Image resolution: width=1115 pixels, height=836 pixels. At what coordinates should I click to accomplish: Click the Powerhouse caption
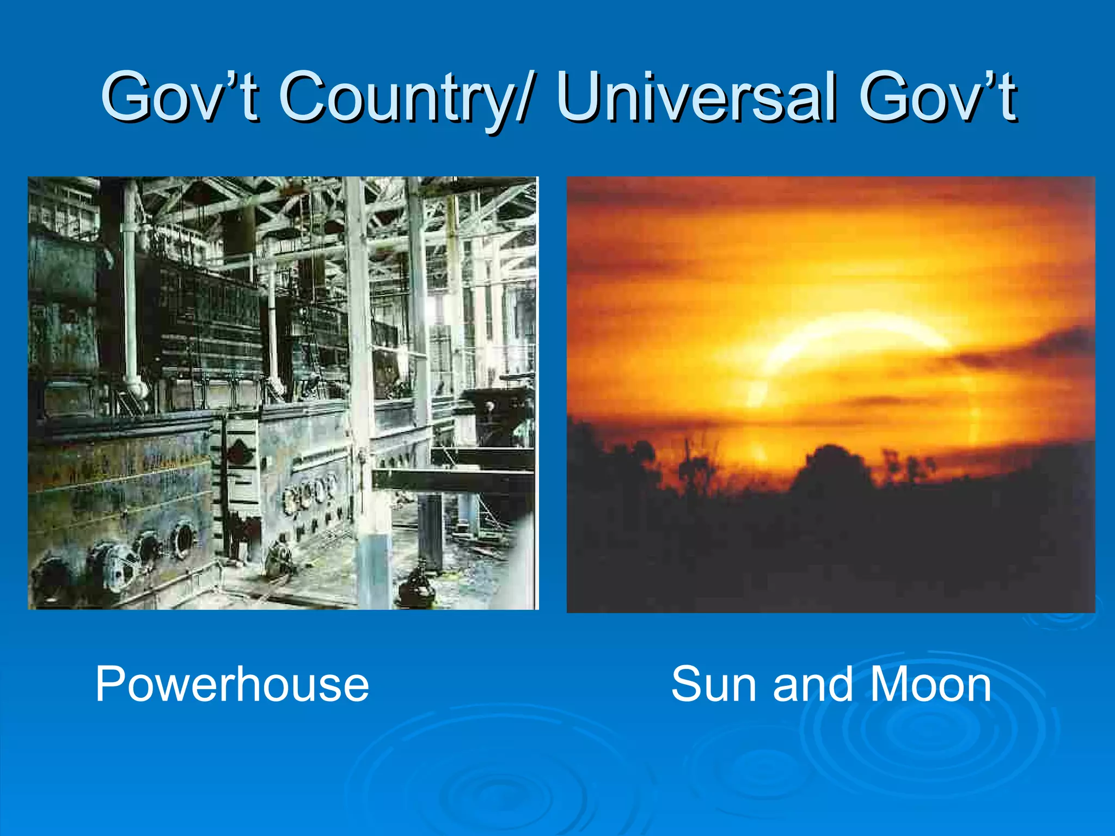(x=232, y=685)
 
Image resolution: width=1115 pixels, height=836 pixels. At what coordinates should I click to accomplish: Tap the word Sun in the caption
(x=714, y=685)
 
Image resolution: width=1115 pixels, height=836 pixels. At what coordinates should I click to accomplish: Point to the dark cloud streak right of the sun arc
(x=1024, y=348)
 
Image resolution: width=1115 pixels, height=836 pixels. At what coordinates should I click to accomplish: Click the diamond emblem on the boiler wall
(x=236, y=454)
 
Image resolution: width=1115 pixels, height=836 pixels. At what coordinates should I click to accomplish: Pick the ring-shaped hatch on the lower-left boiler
(x=182, y=539)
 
